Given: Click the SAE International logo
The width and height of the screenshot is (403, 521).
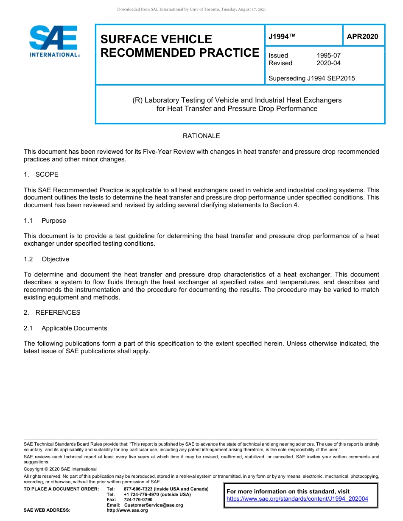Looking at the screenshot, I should coord(54,41).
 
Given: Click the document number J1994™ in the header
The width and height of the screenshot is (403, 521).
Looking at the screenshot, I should coord(282,37).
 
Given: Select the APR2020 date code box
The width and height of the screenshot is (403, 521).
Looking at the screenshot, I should coord(362,37).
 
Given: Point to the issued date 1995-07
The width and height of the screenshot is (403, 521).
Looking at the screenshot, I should coord(328,55).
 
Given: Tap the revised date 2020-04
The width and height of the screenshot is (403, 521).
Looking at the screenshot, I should coord(328,63).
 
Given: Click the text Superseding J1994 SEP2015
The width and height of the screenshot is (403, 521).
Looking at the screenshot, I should coord(312,78).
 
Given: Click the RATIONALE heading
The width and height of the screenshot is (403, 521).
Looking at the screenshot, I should coord(201,136).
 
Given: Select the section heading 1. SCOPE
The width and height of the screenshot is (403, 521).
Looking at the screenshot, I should coord(41,175).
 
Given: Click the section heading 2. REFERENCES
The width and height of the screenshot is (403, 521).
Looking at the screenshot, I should coord(52,313).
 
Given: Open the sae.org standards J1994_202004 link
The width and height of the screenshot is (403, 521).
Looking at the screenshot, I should coord(297,499).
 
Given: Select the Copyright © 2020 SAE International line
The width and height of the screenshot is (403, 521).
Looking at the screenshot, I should coord(60,469).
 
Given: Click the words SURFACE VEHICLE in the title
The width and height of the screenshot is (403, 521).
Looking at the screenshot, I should coord(156,39).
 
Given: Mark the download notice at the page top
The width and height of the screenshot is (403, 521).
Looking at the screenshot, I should coord(191,9).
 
